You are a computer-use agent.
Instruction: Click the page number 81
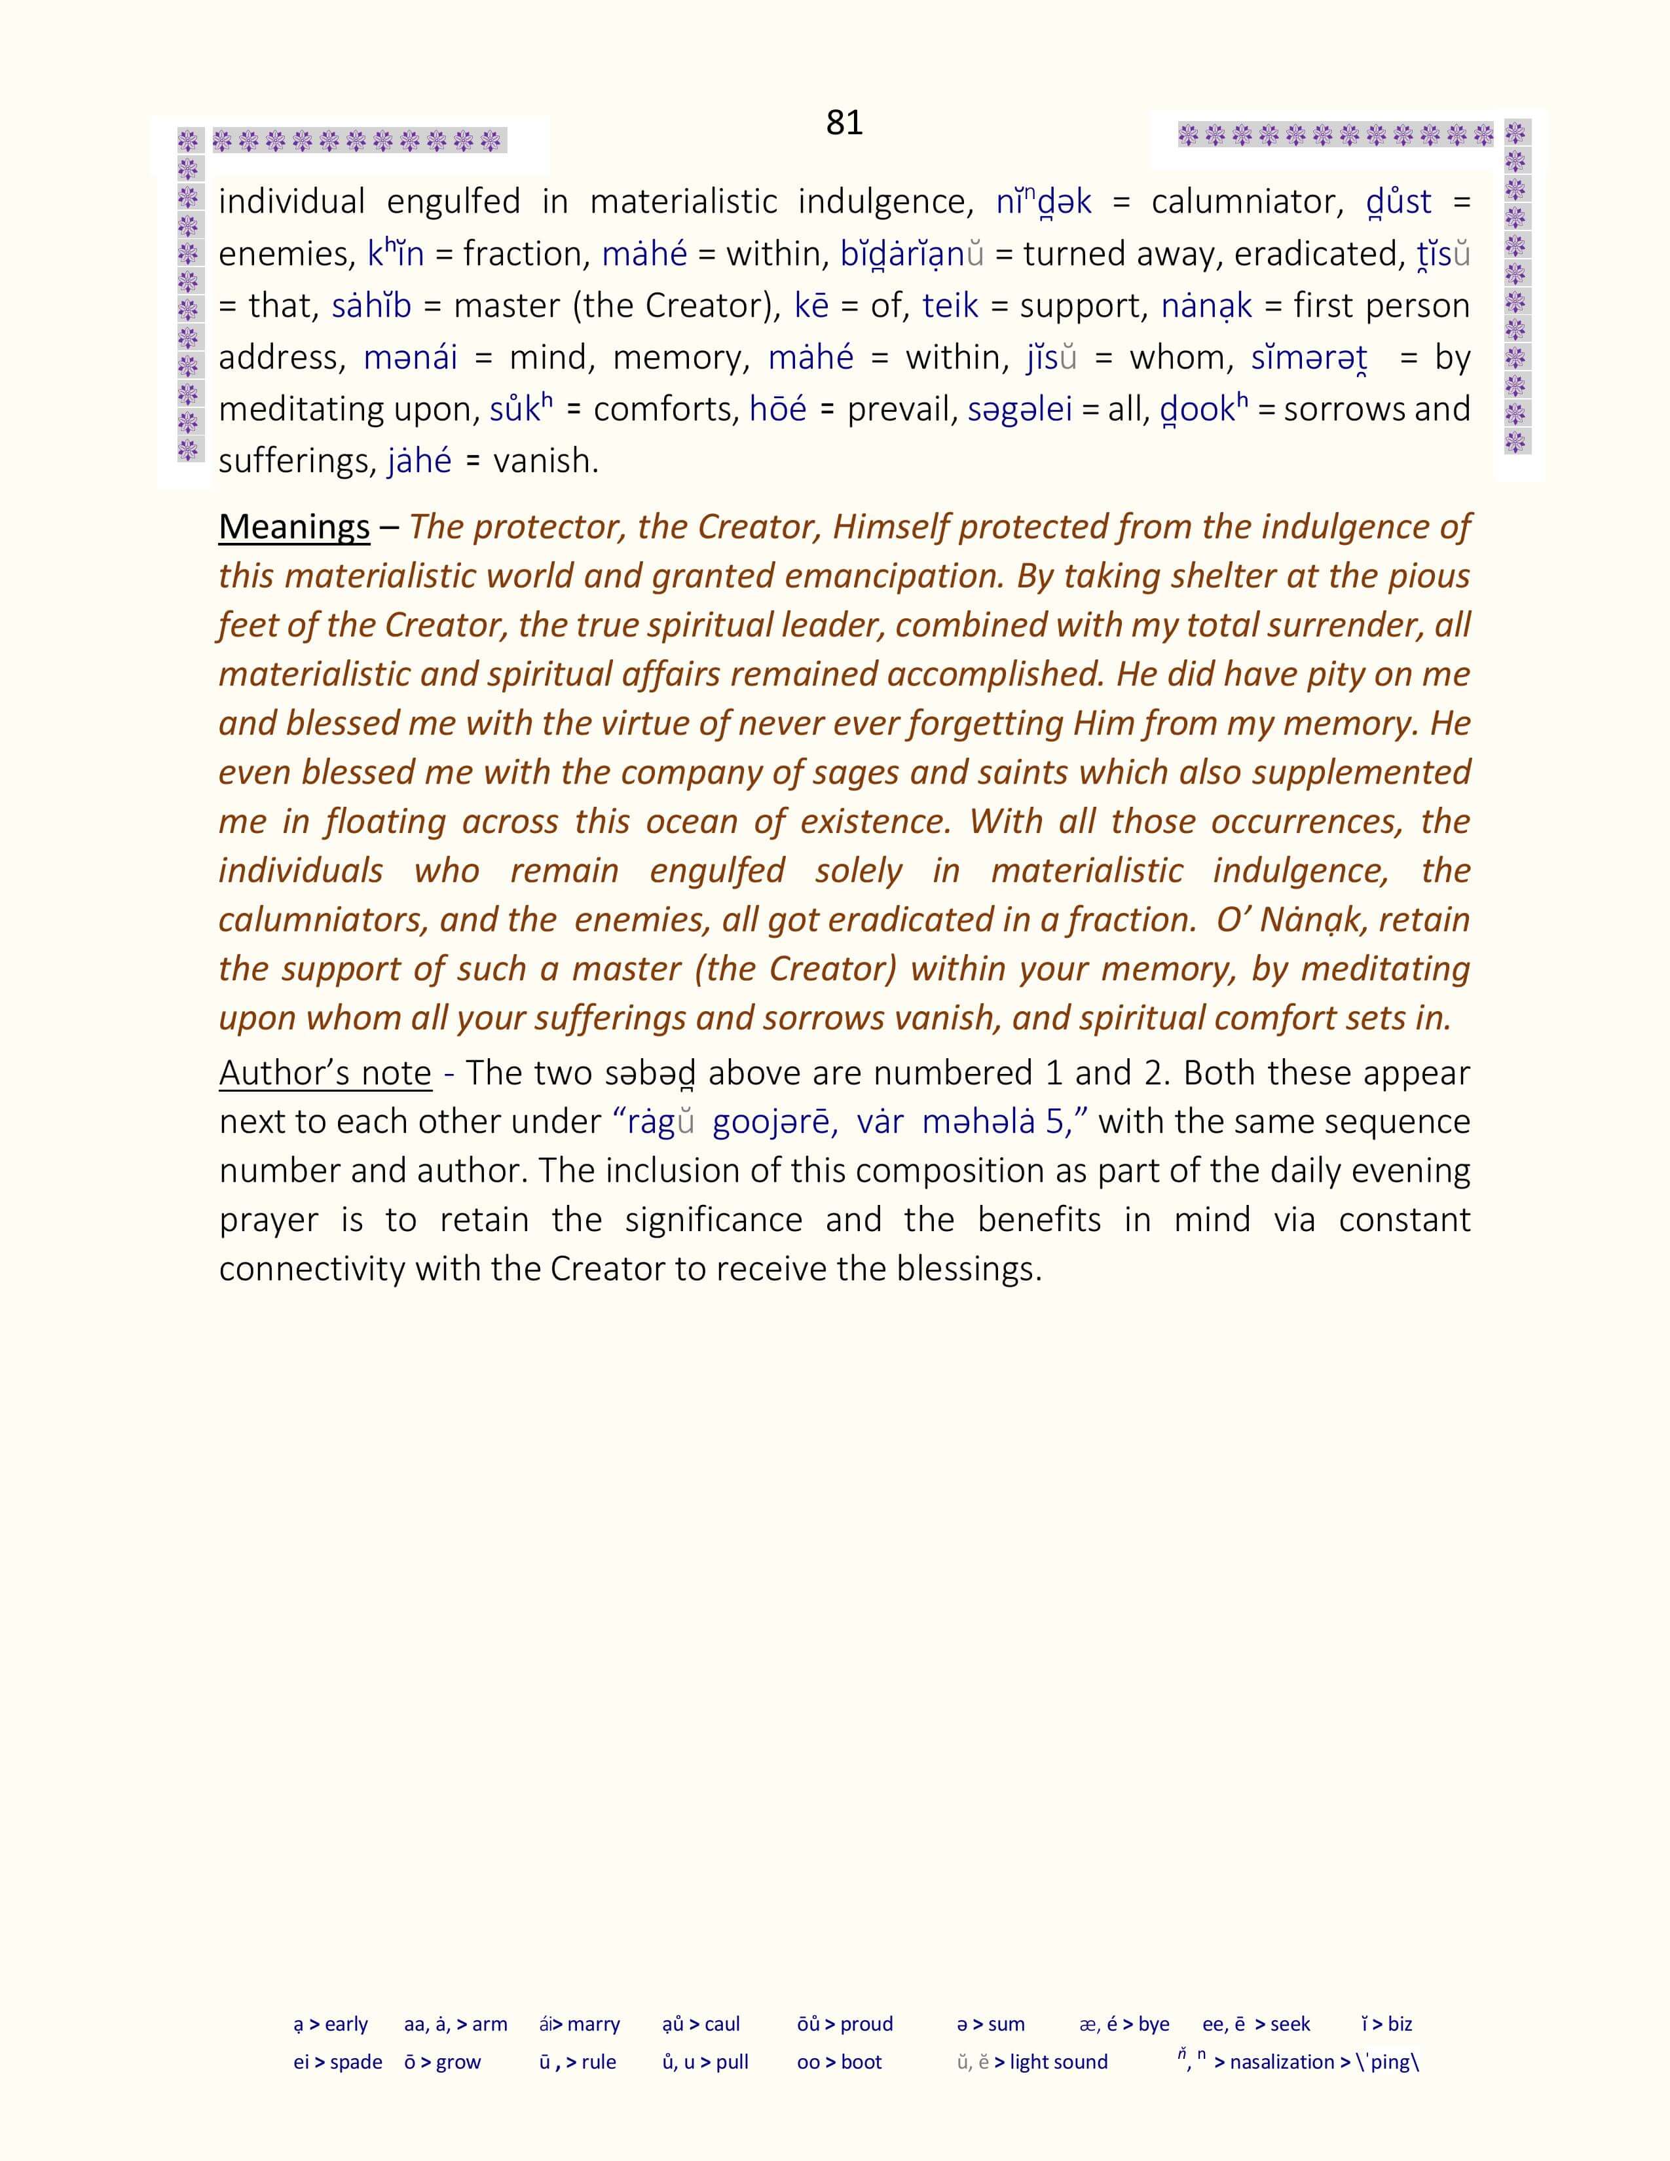[x=844, y=122]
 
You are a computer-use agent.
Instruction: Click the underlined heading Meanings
[x=294, y=526]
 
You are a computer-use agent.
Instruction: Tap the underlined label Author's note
[x=324, y=1073]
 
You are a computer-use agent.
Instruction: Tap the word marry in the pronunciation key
[x=593, y=2024]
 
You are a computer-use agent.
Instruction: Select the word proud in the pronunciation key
[x=866, y=2024]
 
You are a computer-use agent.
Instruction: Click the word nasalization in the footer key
[x=1281, y=2063]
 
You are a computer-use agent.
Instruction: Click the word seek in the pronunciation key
[x=1290, y=2024]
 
